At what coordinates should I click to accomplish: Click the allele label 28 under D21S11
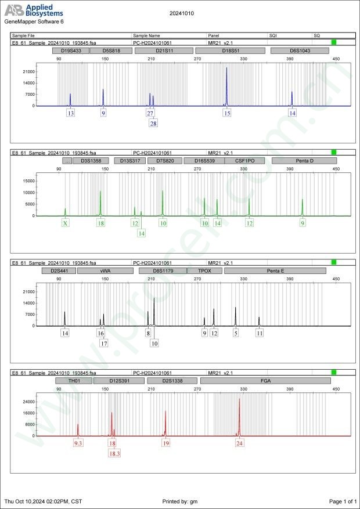coord(153,124)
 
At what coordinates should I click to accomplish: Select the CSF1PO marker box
coord(244,161)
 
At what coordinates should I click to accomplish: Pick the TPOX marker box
coord(205,270)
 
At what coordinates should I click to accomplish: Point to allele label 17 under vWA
coord(104,343)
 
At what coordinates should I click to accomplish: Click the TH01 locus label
coord(74,381)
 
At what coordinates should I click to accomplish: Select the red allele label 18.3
coord(114,453)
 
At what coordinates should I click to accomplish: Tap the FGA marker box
coord(265,381)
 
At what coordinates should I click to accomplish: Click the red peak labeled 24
coord(239,400)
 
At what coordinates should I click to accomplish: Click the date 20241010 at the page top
coord(181,13)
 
